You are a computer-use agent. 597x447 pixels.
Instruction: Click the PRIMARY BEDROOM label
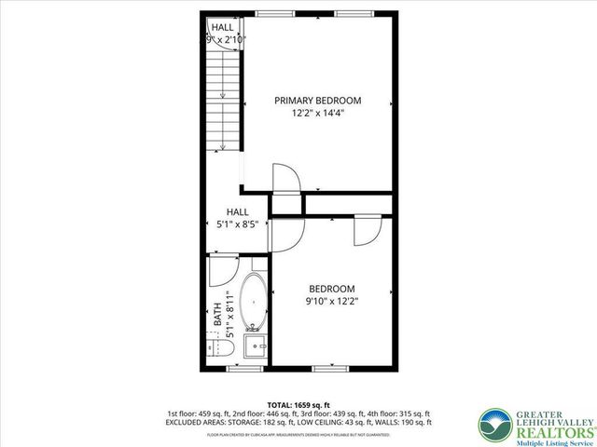pos(317,101)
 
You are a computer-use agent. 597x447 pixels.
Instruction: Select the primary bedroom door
pos(284,179)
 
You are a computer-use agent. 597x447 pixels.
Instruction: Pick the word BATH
pos(216,311)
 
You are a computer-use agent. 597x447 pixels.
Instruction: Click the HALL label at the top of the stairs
pos(222,28)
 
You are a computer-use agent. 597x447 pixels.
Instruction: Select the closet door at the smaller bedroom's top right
pos(368,228)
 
